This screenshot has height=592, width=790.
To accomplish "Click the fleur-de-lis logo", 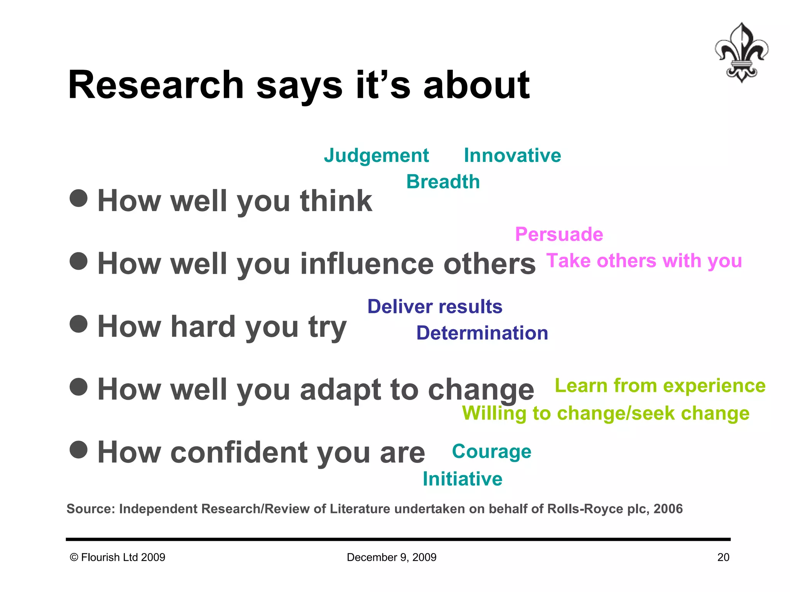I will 741,52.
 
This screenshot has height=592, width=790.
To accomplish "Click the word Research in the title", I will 156,85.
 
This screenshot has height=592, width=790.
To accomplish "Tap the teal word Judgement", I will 376,156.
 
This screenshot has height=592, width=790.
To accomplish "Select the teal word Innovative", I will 512,156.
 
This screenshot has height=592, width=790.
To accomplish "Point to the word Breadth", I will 443,182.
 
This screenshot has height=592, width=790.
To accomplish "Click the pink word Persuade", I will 559,234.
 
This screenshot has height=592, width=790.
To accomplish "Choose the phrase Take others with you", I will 644,261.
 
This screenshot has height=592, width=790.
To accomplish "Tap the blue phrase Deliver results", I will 435,307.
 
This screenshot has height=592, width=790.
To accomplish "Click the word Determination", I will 482,333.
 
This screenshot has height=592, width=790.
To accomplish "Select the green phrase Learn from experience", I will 660,386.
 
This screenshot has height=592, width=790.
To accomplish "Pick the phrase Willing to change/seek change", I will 606,414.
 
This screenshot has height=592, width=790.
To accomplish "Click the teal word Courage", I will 491,452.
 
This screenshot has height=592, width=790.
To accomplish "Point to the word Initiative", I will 463,479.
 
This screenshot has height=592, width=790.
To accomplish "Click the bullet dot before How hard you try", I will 79,324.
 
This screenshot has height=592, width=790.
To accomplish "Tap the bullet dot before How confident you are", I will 79,449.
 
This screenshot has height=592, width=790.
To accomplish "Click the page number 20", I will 723,557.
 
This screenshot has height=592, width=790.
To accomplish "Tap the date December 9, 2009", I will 392,557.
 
